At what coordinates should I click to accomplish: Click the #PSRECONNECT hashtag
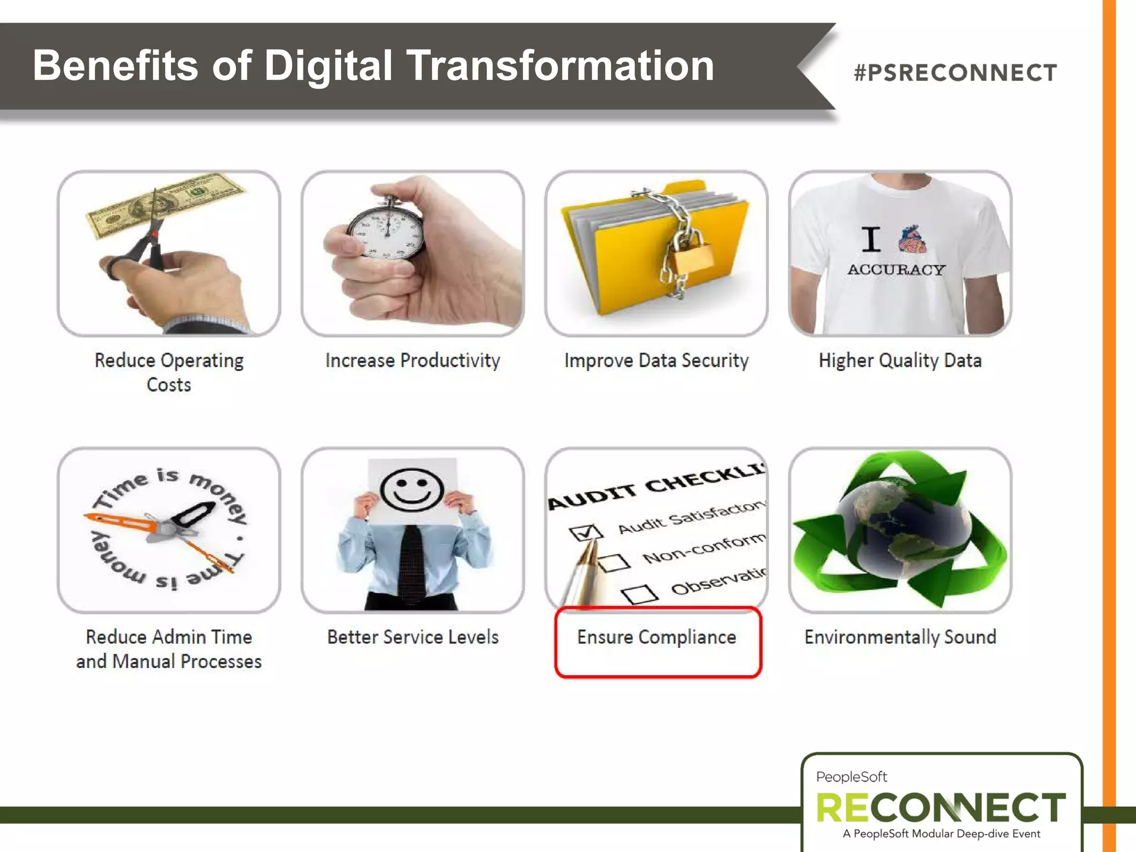pyautogui.click(x=955, y=73)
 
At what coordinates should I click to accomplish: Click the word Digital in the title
pyautogui.click(x=328, y=65)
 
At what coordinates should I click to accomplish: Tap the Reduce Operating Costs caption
pyautogui.click(x=169, y=372)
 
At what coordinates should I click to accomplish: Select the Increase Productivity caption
pyautogui.click(x=413, y=361)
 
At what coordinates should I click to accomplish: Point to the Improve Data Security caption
pyautogui.click(x=656, y=361)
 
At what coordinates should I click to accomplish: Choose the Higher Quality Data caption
pyautogui.click(x=900, y=361)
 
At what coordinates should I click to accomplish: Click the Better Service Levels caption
pyautogui.click(x=413, y=637)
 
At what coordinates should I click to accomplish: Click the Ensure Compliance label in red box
pyautogui.click(x=657, y=637)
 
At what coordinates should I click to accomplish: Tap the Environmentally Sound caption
pyautogui.click(x=900, y=637)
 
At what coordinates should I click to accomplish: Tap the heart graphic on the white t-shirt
pyautogui.click(x=912, y=240)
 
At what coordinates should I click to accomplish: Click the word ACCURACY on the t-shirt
pyautogui.click(x=896, y=270)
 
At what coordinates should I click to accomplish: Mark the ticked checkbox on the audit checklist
pyautogui.click(x=585, y=531)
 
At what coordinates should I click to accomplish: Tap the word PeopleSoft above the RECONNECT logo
pyautogui.click(x=851, y=777)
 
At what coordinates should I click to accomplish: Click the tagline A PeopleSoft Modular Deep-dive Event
pyautogui.click(x=941, y=834)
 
